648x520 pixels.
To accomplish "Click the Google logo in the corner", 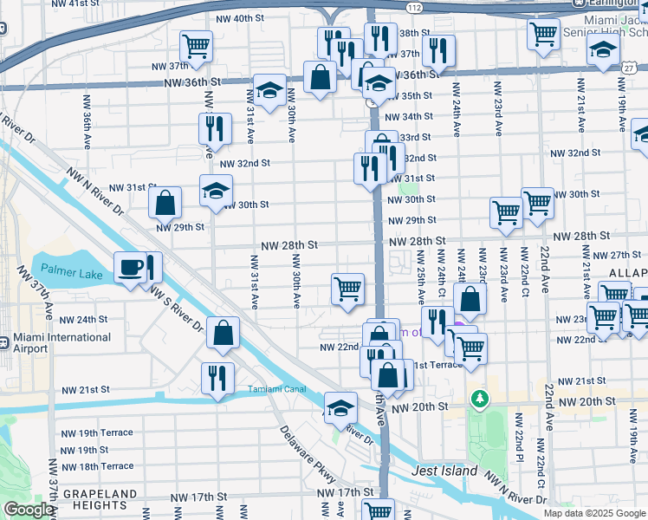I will pos(29,510).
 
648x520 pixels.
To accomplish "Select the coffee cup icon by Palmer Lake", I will pos(130,267).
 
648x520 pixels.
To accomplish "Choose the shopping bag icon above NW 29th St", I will pos(165,204).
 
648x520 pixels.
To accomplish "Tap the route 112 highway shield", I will pos(416,8).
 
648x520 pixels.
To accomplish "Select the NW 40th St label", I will pos(237,18).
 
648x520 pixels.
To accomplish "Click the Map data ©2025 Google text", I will pos(593,513).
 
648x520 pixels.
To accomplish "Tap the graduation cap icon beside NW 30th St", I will pos(216,191).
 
